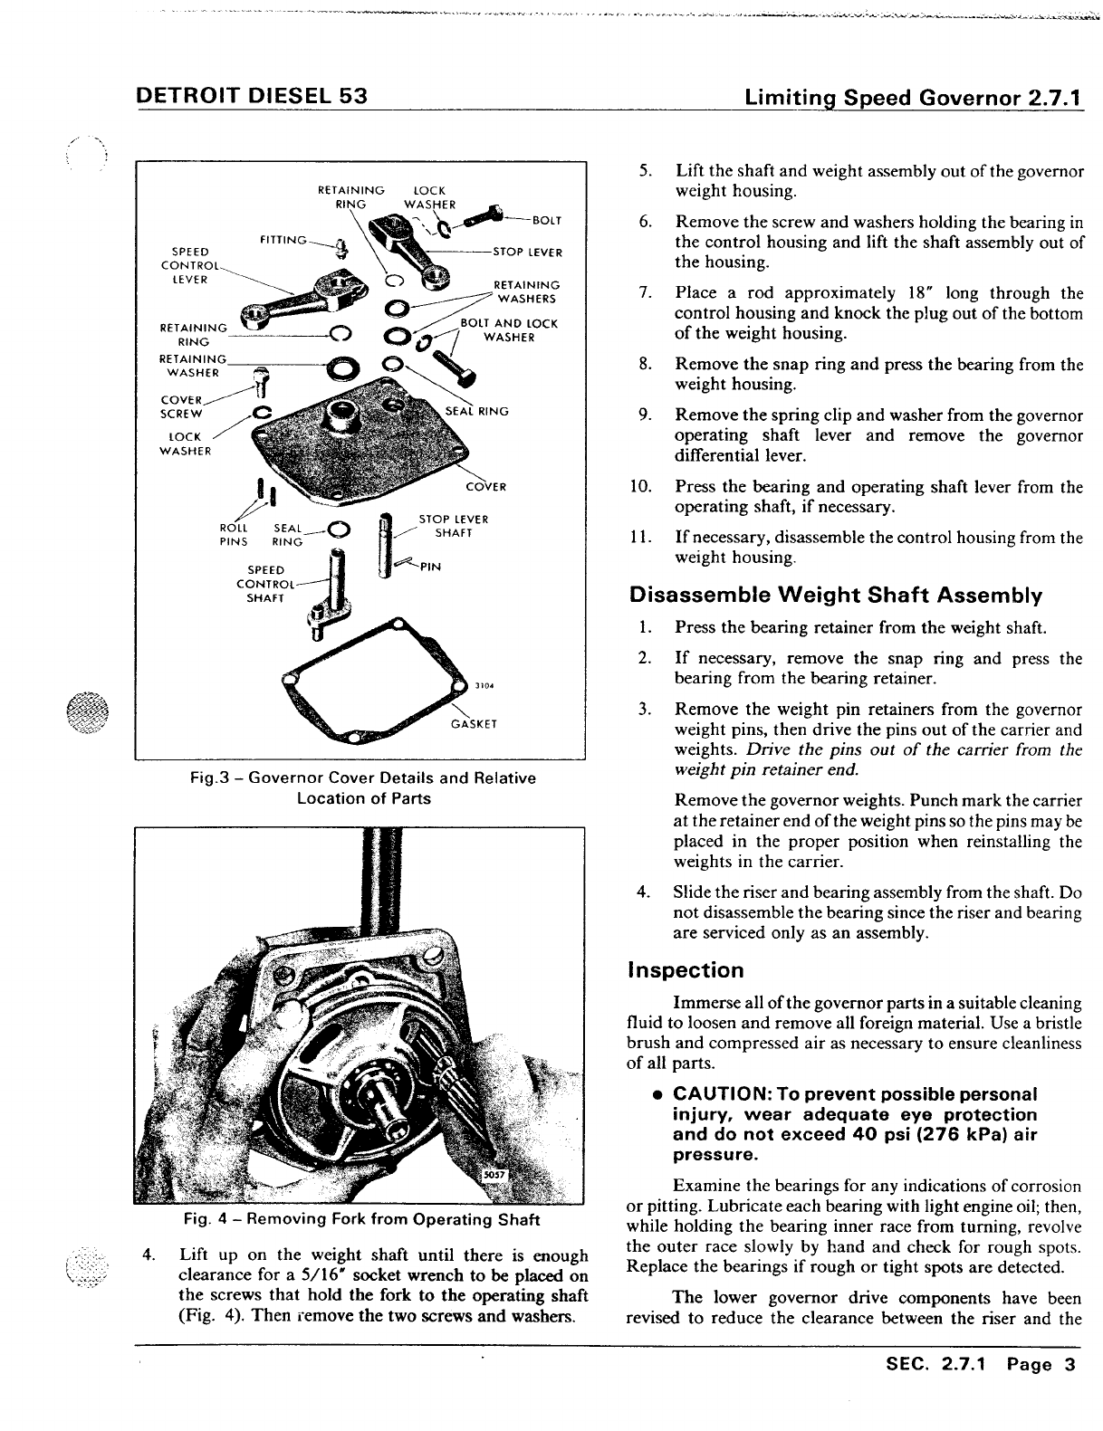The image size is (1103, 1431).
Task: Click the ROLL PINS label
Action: (x=234, y=535)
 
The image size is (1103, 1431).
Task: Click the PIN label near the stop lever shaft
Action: (x=430, y=568)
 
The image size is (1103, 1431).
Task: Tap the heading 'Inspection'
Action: (x=686, y=971)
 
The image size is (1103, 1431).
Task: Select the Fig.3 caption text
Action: (x=363, y=788)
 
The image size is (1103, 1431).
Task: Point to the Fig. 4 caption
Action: (x=361, y=1219)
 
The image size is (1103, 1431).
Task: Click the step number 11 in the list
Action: (x=640, y=538)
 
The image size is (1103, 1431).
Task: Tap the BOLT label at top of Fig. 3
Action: (x=547, y=220)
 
